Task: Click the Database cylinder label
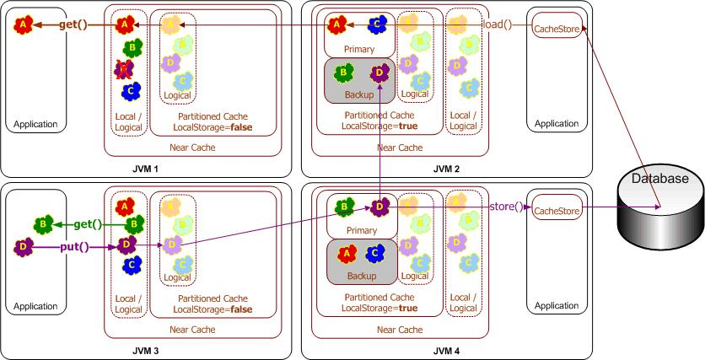[662, 178]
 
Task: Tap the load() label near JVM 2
[497, 24]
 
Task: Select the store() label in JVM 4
[505, 206]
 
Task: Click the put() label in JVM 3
[74, 248]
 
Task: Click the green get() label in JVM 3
[87, 224]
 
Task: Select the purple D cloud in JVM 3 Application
[23, 248]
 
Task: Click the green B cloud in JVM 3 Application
[42, 224]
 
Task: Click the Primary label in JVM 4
[360, 228]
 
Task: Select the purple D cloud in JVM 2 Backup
[379, 74]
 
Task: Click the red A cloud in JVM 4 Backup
[345, 253]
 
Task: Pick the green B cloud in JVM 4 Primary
[344, 206]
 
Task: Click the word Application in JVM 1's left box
[35, 124]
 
